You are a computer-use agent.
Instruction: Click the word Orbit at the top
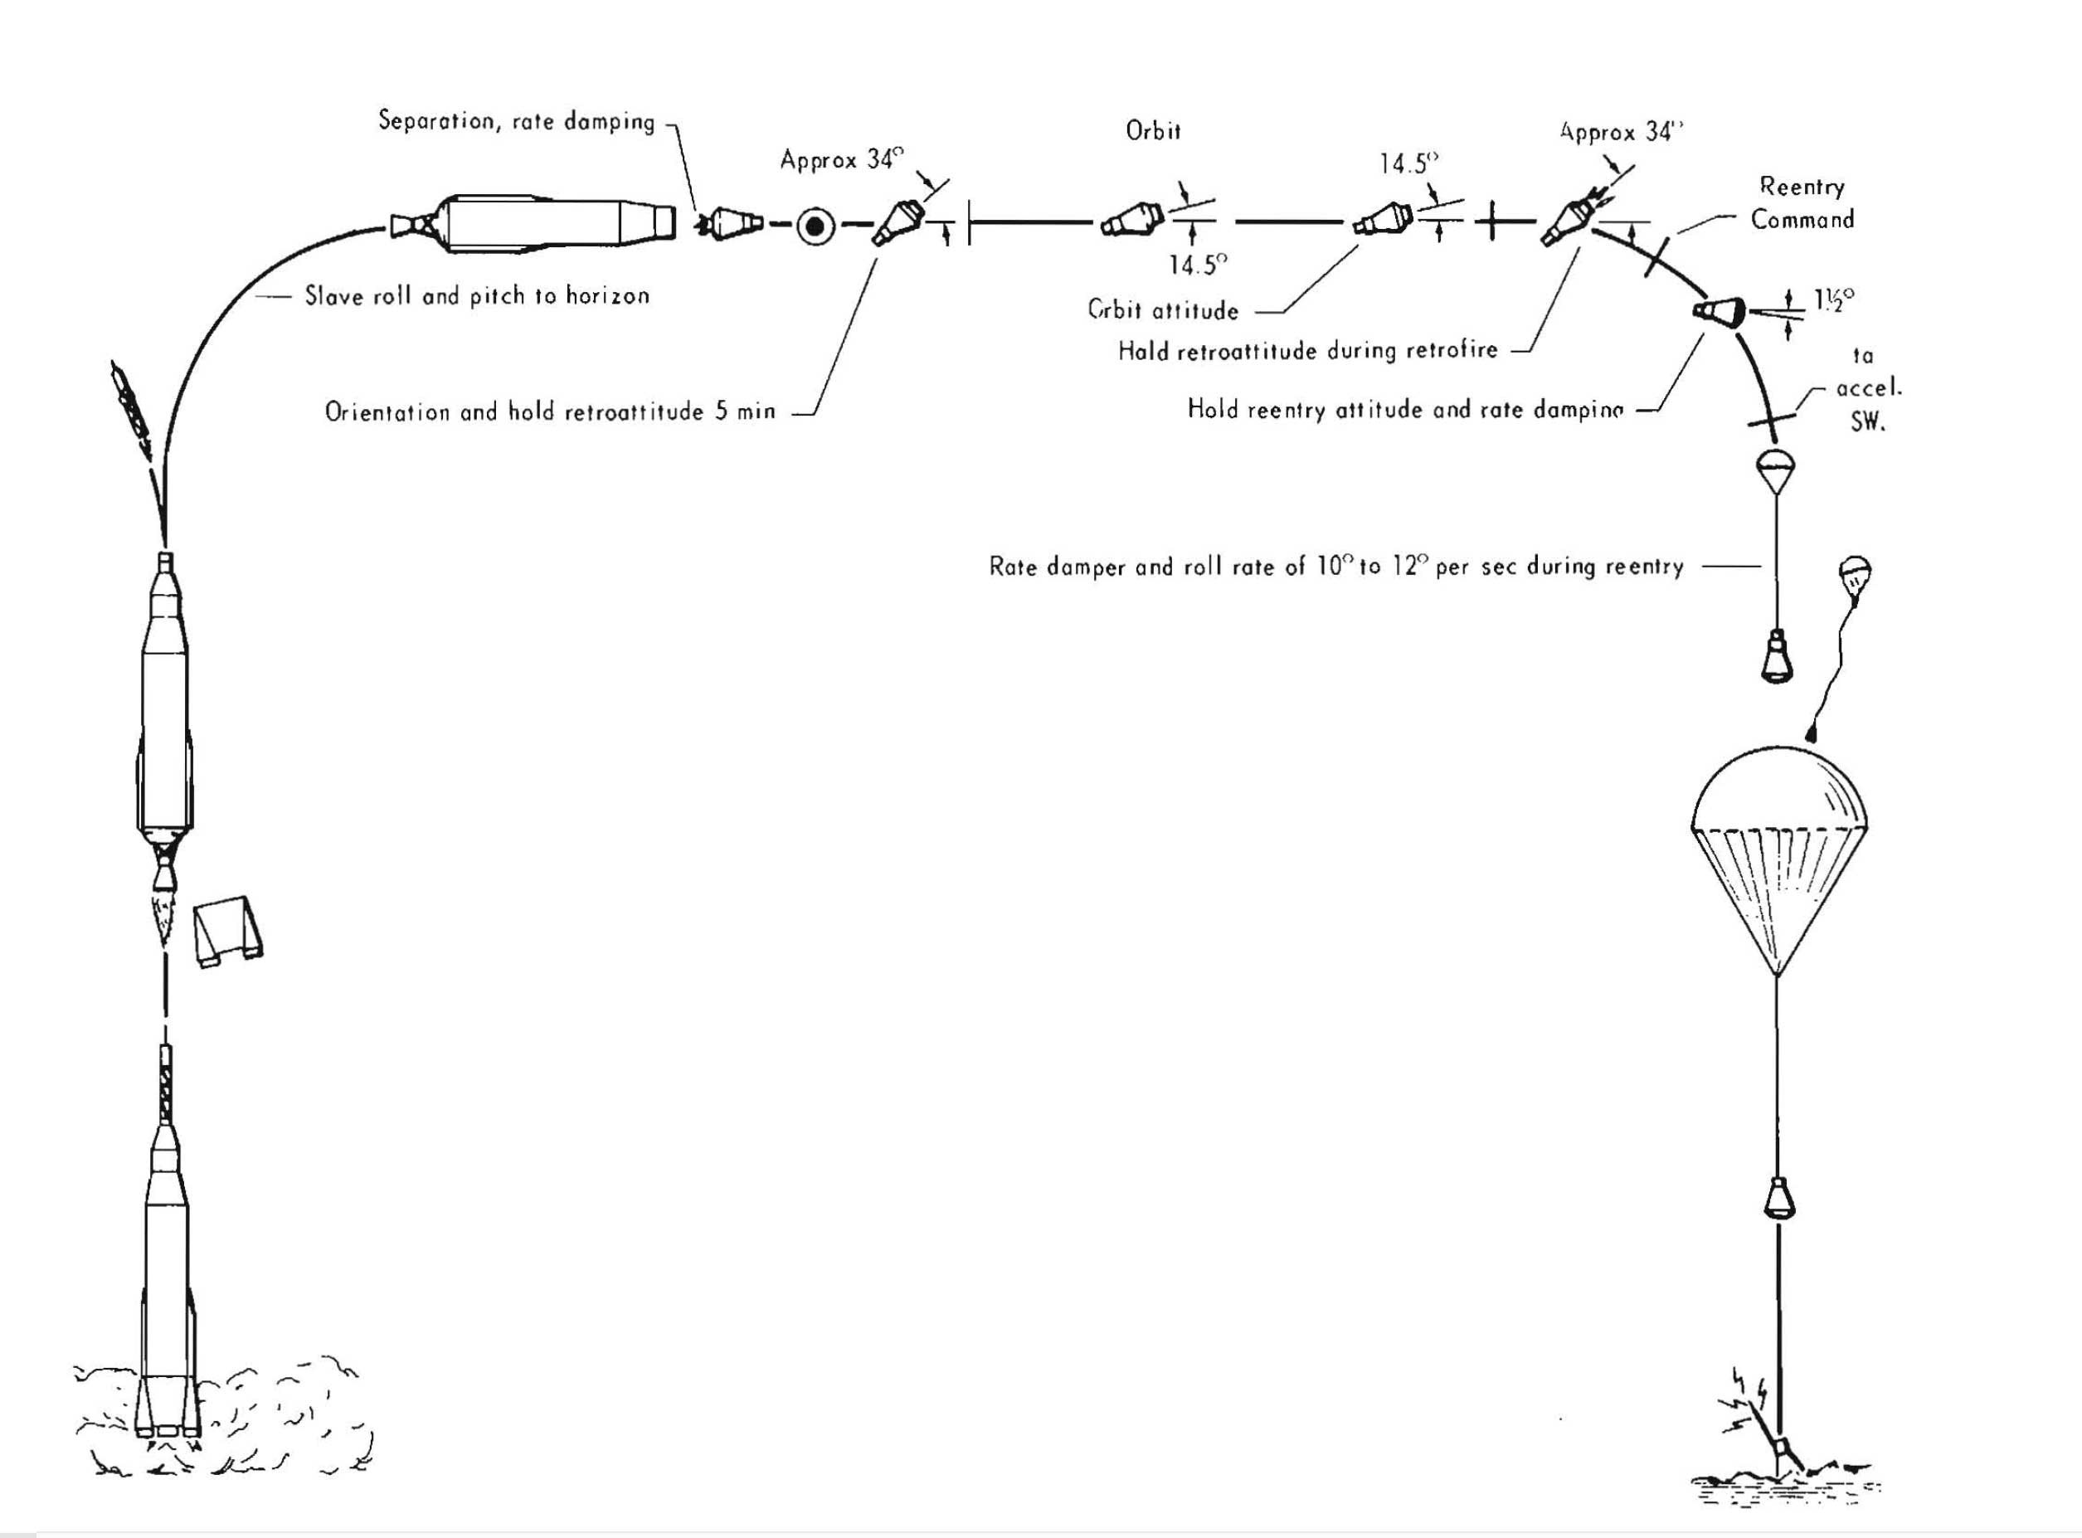pyautogui.click(x=1153, y=131)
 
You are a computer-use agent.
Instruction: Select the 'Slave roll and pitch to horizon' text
pyautogui.click(x=476, y=296)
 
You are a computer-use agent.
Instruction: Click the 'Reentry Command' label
pyautogui.click(x=1802, y=203)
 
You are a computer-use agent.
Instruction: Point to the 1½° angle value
pyautogui.click(x=1833, y=299)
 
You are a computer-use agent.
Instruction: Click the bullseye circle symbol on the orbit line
pyautogui.click(x=815, y=224)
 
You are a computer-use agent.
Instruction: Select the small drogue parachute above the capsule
pyautogui.click(x=1776, y=466)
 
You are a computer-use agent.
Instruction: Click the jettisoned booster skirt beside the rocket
pyautogui.click(x=228, y=932)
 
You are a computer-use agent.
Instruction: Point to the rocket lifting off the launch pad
pyautogui.click(x=166, y=1285)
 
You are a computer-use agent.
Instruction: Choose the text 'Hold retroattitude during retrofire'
pyautogui.click(x=1307, y=351)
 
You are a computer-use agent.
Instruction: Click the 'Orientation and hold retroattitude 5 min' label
pyautogui.click(x=550, y=411)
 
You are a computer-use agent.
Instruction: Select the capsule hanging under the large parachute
pyautogui.click(x=1778, y=1198)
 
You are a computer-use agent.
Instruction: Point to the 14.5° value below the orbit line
pyautogui.click(x=1198, y=265)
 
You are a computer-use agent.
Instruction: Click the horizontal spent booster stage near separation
pyautogui.click(x=535, y=223)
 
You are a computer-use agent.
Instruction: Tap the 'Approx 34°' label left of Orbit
pyautogui.click(x=841, y=160)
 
